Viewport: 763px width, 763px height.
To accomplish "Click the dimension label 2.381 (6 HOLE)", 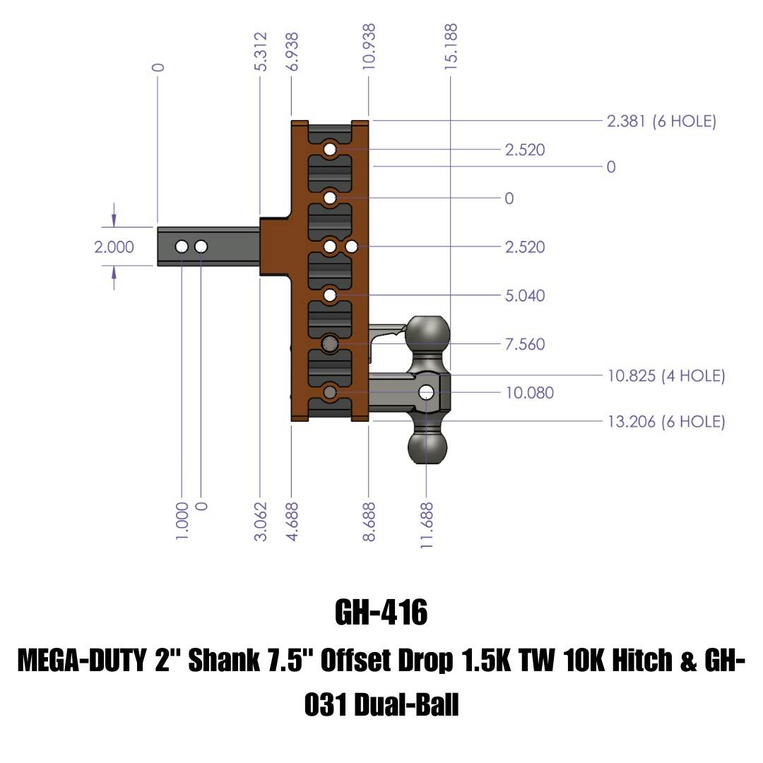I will (x=661, y=122).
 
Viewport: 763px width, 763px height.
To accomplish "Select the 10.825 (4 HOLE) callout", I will (x=666, y=376).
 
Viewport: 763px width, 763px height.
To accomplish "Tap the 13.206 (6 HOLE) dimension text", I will (x=666, y=422).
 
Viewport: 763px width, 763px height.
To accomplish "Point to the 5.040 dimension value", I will (x=525, y=295).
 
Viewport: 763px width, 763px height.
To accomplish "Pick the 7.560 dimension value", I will (x=525, y=344).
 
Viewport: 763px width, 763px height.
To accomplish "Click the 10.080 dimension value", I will (x=529, y=392).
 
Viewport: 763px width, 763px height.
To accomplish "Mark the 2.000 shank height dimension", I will (x=114, y=247).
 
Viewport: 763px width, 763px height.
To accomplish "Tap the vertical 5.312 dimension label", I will (x=261, y=51).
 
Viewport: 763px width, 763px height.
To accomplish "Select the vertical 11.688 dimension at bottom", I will (x=426, y=525).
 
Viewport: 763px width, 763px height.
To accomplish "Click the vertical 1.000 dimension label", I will (x=182, y=521).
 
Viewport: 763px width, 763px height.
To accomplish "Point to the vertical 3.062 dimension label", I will (x=261, y=521).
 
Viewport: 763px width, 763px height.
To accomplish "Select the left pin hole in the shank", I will (x=182, y=247).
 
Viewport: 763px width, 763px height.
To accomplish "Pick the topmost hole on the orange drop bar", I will (x=330, y=150).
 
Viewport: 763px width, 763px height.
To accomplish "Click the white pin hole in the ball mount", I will (x=426, y=392).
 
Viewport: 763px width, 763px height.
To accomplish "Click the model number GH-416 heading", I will (x=381, y=613).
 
